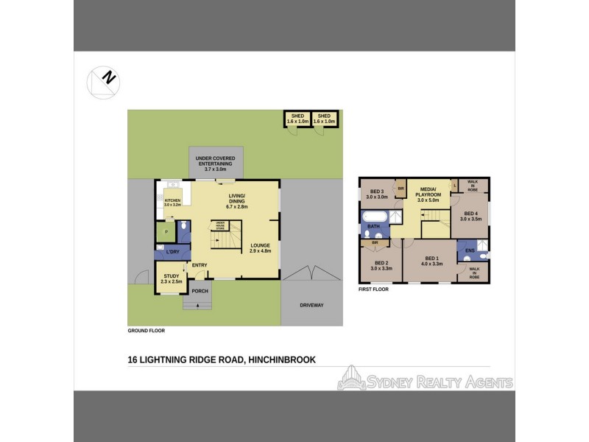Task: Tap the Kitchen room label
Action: point(172,200)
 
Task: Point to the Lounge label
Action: point(261,248)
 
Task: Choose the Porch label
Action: point(200,291)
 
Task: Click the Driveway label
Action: point(311,305)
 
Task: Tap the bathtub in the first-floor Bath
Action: point(373,217)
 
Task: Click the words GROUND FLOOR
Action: point(146,331)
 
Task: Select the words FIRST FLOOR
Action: point(373,290)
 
